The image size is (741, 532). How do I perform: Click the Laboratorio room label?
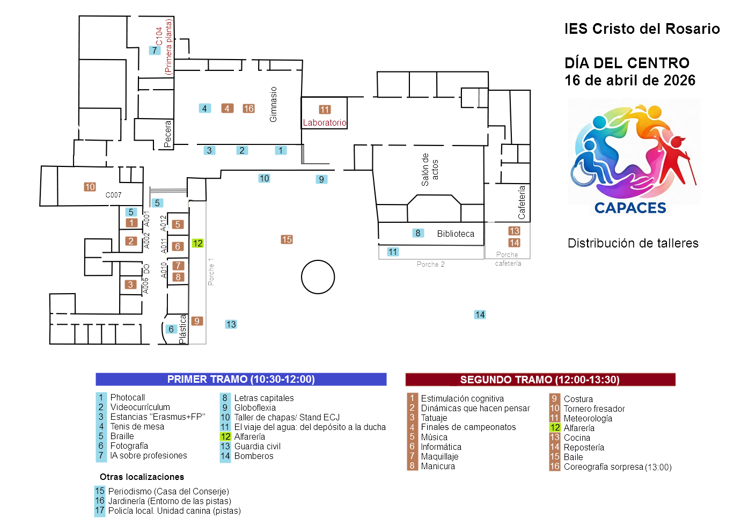pos(325,123)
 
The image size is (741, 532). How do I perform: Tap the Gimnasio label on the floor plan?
pos(274,105)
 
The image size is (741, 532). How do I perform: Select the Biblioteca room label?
pos(456,234)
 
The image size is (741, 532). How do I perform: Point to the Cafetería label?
pos(522,202)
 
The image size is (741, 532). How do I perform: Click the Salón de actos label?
pos(430,170)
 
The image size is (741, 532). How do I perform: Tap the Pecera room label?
pos(168,134)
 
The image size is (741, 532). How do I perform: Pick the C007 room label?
pos(113,195)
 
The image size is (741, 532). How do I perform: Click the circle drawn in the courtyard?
pos(318,277)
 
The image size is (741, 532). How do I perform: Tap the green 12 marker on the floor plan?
pos(197,243)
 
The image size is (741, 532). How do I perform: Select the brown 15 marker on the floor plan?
pos(287,239)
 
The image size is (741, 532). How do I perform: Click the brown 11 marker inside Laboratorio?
pos(325,110)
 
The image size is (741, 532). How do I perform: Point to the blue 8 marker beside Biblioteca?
pos(417,233)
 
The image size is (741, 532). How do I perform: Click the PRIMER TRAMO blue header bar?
pos(241,380)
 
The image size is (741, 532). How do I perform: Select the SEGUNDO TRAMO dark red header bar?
pos(540,380)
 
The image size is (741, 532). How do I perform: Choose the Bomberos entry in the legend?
pos(254,456)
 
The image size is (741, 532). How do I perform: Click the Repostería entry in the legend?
pos(584,448)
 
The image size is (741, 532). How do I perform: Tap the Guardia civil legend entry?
pos(257,447)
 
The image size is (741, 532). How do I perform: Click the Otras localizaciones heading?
pos(142,477)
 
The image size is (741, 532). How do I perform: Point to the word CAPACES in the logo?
pos(630,208)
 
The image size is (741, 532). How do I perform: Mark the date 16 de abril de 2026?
pos(630,81)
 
